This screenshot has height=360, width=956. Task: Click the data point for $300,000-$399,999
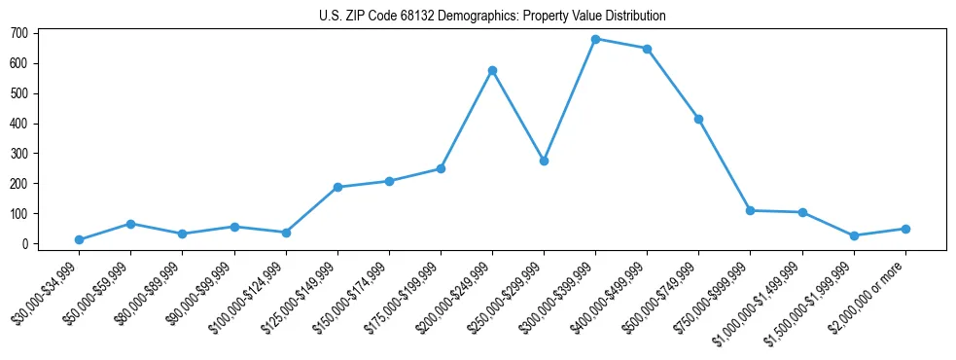coord(595,39)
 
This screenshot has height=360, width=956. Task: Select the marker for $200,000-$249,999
coord(492,70)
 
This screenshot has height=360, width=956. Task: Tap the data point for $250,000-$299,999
coord(544,161)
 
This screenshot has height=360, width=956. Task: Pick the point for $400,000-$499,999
coord(647,49)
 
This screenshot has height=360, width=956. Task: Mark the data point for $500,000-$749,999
coord(698,119)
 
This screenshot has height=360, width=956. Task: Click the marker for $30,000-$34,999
coord(79,239)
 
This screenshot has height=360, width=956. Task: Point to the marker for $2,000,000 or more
coord(905,229)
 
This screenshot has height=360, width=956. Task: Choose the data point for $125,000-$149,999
coord(337,187)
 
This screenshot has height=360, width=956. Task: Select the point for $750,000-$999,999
coord(750,210)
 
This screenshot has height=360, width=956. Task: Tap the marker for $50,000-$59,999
coord(130,224)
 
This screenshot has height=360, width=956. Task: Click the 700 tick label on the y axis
coord(19,33)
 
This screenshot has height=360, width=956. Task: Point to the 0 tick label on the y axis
coord(26,244)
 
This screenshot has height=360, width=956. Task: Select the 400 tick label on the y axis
coord(19,124)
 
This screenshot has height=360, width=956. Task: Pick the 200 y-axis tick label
coord(19,184)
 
